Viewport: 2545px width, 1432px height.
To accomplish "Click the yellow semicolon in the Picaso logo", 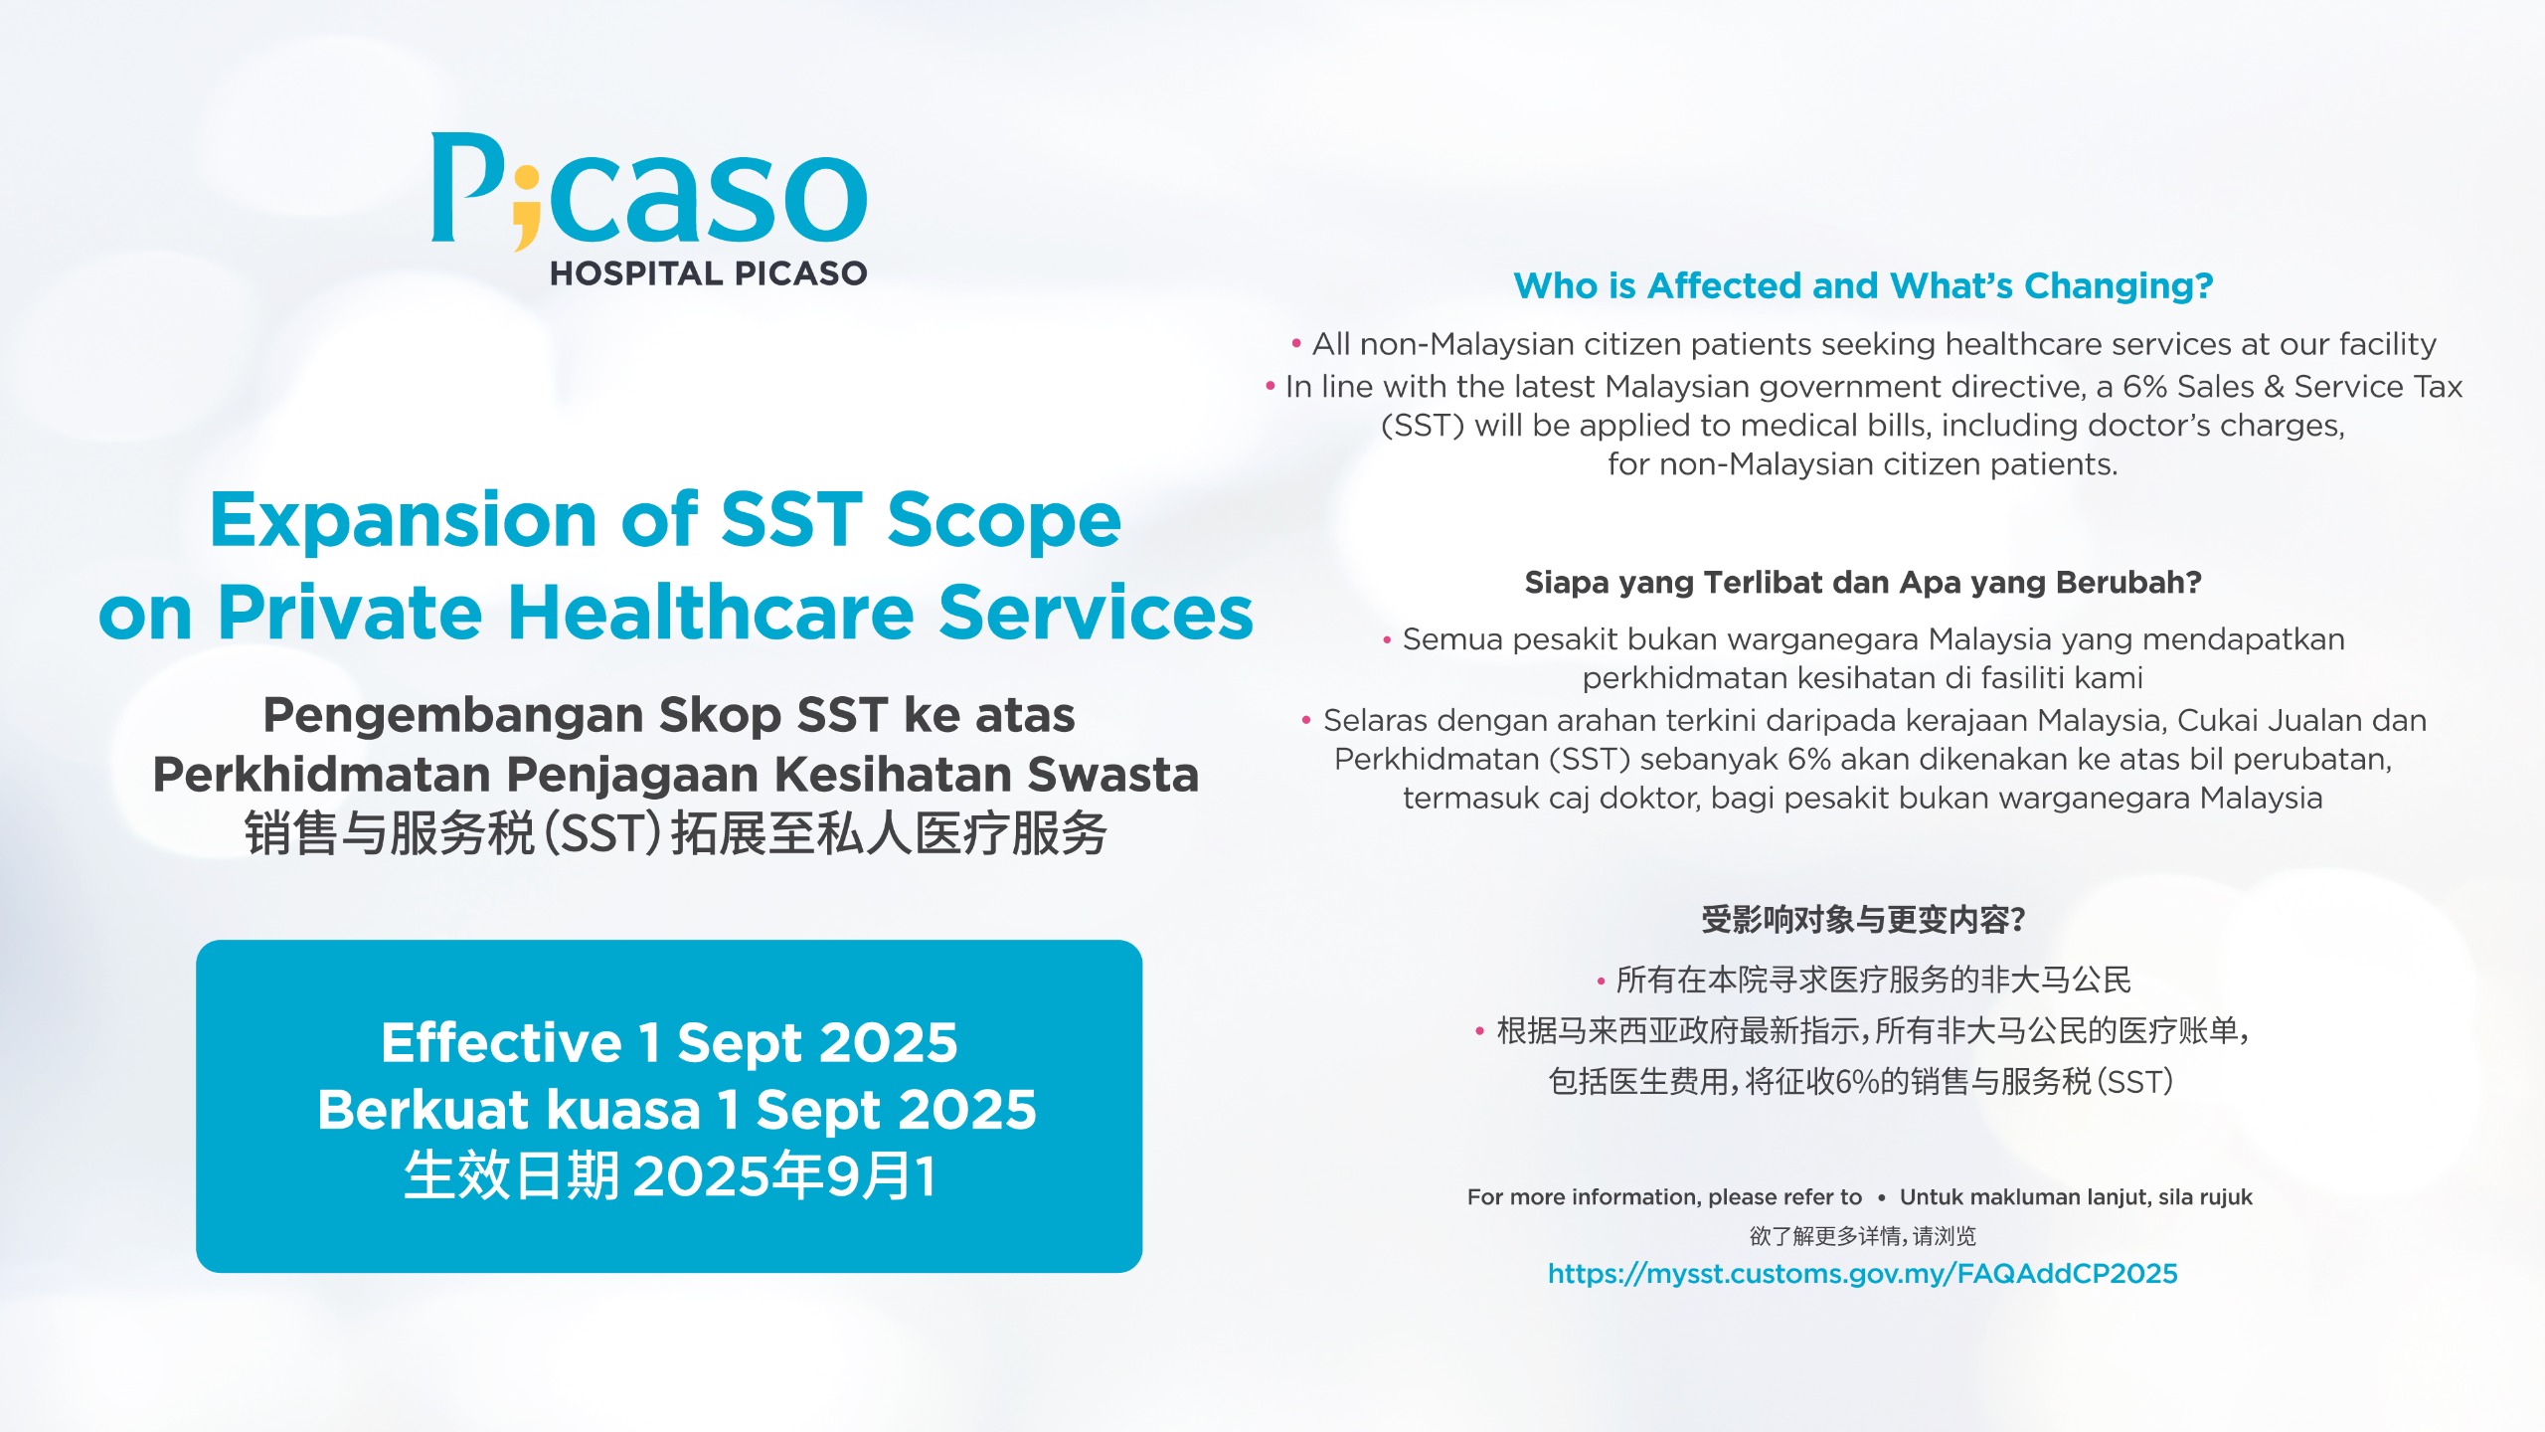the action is coord(526,208).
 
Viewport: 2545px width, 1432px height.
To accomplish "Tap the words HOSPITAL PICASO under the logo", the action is coord(709,273).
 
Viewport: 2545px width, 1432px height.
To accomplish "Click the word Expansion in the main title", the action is coord(403,522).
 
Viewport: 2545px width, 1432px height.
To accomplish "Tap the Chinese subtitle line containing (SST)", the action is coord(676,833).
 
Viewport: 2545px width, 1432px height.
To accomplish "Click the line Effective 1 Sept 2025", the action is coord(669,1042).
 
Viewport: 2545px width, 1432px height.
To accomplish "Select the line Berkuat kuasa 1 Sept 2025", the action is coord(676,1110).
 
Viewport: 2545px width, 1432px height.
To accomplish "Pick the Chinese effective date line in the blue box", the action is coord(669,1176).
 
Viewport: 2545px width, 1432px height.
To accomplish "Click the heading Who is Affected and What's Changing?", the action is coord(1863,286).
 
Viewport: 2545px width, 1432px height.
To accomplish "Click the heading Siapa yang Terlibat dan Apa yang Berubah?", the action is coord(1863,583).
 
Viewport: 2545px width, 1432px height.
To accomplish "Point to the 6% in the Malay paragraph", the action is coord(1808,759).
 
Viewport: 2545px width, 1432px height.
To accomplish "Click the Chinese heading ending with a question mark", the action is coord(1863,920).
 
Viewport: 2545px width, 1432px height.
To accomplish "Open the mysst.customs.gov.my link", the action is coord(1863,1274).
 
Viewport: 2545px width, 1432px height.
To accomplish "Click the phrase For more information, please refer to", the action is coord(1664,1197).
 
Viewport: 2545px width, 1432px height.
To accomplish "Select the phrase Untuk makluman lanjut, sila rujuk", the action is coord(2076,1197).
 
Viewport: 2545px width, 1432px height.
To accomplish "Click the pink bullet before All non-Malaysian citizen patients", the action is coord(1296,344).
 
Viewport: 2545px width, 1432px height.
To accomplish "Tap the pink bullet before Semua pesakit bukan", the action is coord(1387,641).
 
